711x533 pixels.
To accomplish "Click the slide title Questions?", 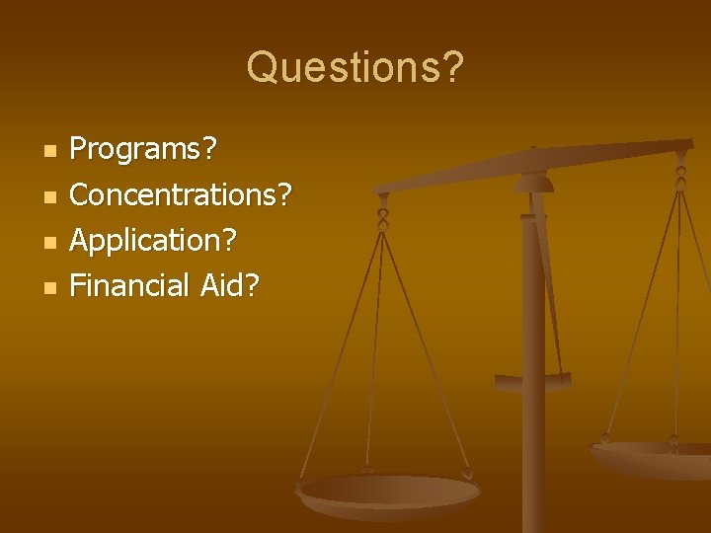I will (355, 68).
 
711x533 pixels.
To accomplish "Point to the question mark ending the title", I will (450, 67).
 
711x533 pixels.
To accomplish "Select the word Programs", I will (136, 150).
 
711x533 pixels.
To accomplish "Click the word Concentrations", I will (173, 194).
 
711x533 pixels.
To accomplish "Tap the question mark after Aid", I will (252, 285).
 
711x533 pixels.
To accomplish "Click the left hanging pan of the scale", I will (389, 493).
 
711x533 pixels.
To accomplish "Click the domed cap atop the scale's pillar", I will (534, 183).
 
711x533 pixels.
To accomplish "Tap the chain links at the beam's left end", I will (382, 212).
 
